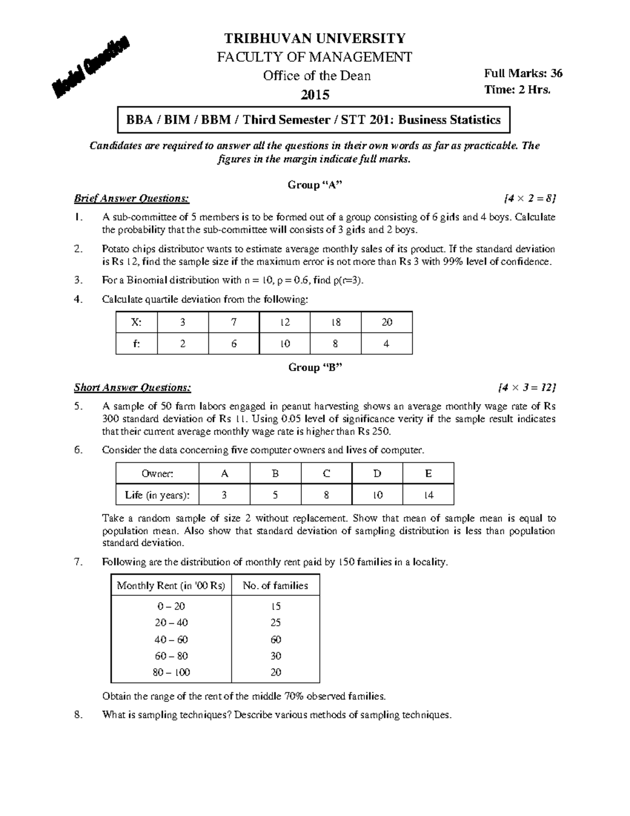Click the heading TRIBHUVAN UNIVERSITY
pos(315,38)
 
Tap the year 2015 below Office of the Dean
pos(315,95)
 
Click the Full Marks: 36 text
pos(523,74)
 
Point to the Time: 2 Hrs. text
pos(517,90)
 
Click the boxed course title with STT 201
pos(313,120)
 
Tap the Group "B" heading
pos(315,367)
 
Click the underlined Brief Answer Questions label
pos(131,199)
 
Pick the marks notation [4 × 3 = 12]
pos(526,388)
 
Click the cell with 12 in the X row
pos(285,322)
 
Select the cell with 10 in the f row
pos(285,344)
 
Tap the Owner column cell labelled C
pos(327,473)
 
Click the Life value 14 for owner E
pos(428,495)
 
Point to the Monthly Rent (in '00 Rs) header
pos(171,585)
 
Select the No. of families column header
pos(275,585)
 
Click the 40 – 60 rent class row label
pos(171,639)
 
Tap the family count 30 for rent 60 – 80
pos(276,656)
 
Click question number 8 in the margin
pos(78,715)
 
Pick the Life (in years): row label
pos(157,495)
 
